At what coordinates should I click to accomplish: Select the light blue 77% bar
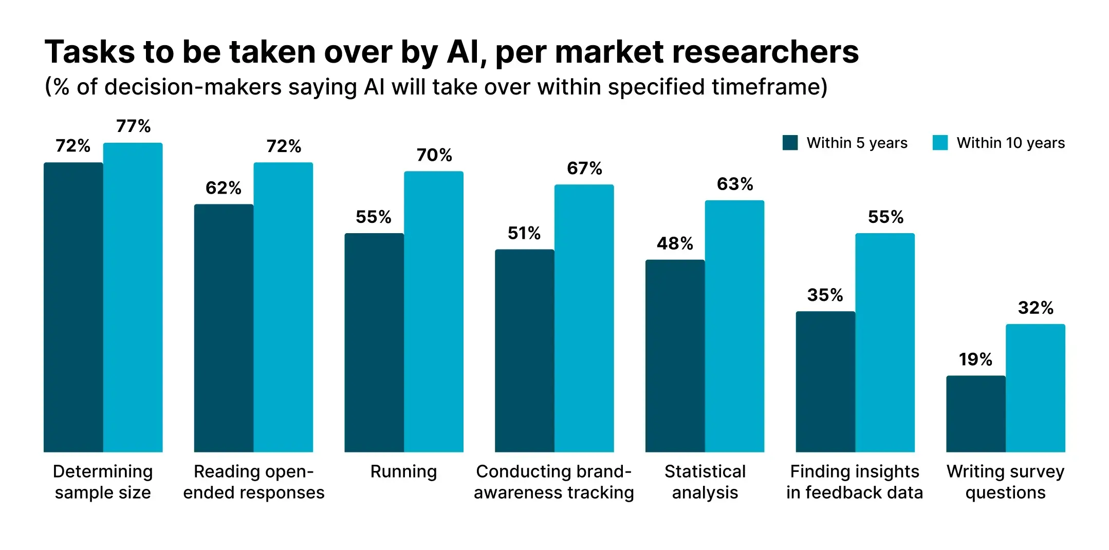coord(133,297)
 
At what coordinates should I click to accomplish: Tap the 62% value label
coord(223,188)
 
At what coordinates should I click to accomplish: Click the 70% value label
coord(434,155)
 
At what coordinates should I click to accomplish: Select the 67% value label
coord(584,168)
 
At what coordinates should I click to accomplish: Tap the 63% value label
coord(734,184)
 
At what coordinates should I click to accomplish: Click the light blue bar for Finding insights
coord(884,343)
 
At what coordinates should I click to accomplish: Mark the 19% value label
coord(975,359)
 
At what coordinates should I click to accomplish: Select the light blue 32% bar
coord(1035,388)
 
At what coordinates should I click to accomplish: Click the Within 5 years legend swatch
coord(790,143)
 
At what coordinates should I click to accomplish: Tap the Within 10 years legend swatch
coord(939,143)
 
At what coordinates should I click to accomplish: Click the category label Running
coord(403,471)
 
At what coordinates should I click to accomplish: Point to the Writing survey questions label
coord(1005,482)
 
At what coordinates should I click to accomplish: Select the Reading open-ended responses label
coord(253,482)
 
